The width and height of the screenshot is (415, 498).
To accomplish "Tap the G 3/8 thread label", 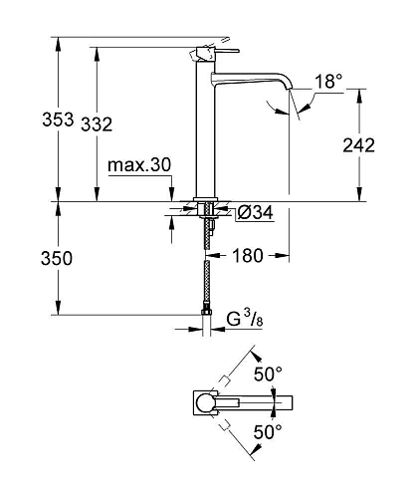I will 242,319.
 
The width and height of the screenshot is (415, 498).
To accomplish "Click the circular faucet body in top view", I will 205,402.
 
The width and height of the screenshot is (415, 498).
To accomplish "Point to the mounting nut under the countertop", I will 207,211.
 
